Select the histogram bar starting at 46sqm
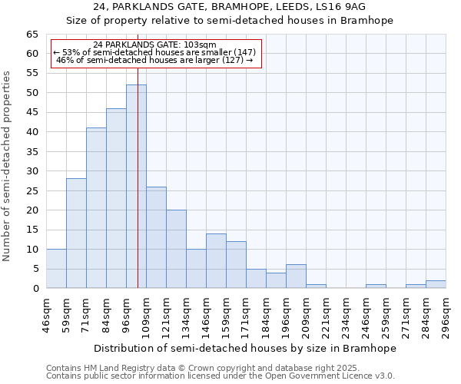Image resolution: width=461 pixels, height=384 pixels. pos(56,269)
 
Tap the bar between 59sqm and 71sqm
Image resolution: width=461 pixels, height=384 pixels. pos(76,233)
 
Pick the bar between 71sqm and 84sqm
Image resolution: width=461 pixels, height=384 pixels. pos(96,208)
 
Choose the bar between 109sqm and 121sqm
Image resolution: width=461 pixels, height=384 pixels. pos(156,237)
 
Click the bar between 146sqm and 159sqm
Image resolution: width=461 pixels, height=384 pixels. pos(216,261)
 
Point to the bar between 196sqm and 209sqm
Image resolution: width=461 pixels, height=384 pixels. pos(296,276)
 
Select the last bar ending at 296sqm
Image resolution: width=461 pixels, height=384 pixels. pos(436,284)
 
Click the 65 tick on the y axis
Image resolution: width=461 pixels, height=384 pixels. pos(32,35)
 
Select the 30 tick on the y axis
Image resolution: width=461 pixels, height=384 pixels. pos(32,171)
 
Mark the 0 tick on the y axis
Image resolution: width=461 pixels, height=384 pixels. pos(35,289)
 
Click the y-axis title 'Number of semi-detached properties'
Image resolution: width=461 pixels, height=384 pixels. pos(8,166)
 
